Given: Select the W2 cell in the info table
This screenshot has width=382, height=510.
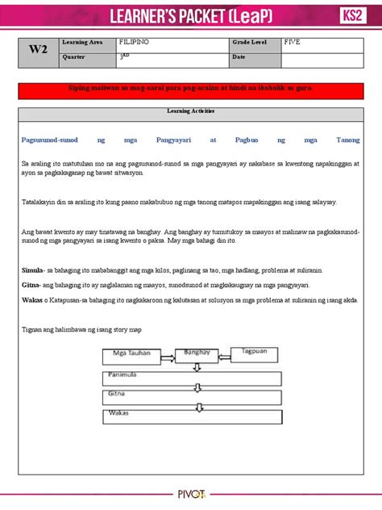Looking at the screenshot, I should pyautogui.click(x=37, y=49).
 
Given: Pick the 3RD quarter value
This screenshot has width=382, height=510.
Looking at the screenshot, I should pyautogui.click(x=123, y=57).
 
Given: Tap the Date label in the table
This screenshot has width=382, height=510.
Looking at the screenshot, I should pyautogui.click(x=239, y=57).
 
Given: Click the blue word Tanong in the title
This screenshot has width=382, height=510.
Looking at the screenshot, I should pyautogui.click(x=347, y=140).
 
